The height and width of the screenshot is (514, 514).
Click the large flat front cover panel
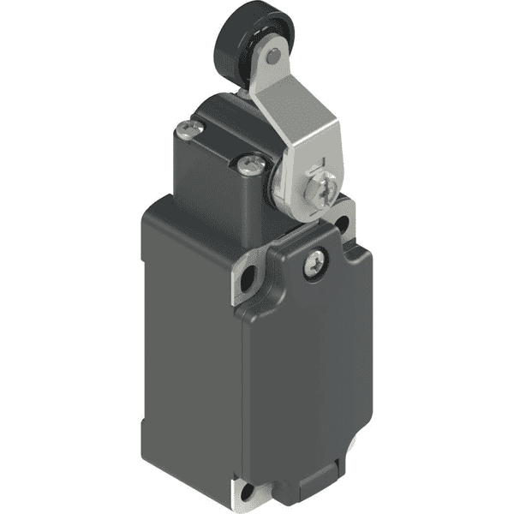313,368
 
